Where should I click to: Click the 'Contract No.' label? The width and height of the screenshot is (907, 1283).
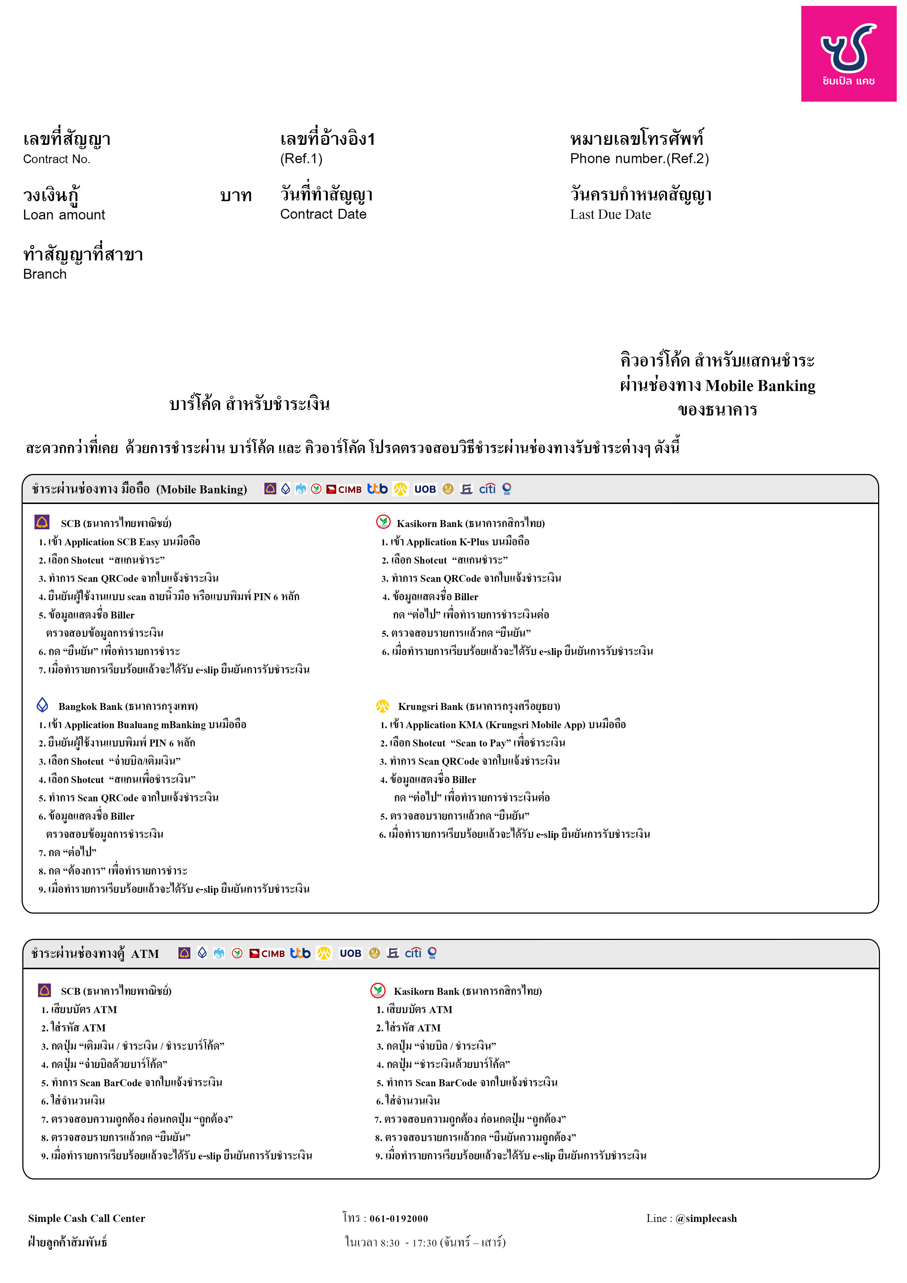tap(56, 159)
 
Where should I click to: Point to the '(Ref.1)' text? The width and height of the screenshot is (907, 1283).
tap(301, 159)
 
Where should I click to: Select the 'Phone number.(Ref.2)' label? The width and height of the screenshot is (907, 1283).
tap(639, 159)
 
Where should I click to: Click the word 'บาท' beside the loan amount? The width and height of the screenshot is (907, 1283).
tap(236, 196)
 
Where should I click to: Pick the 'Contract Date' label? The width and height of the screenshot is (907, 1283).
tap(323, 214)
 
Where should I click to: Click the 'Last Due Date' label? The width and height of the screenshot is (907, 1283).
tap(610, 215)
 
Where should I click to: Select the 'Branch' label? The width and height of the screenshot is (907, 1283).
tap(45, 274)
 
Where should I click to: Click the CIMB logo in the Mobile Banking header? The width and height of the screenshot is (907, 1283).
tap(344, 489)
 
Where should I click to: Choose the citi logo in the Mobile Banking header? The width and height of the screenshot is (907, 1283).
tap(487, 489)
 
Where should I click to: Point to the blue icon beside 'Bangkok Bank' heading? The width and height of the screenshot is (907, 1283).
tap(42, 705)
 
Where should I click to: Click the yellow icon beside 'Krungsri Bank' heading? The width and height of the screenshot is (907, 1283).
tap(382, 706)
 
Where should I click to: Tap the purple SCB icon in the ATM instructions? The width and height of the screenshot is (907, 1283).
tap(45, 990)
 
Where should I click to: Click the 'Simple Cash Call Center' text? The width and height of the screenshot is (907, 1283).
tap(87, 1218)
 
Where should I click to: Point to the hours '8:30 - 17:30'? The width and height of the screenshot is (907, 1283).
tap(409, 1243)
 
